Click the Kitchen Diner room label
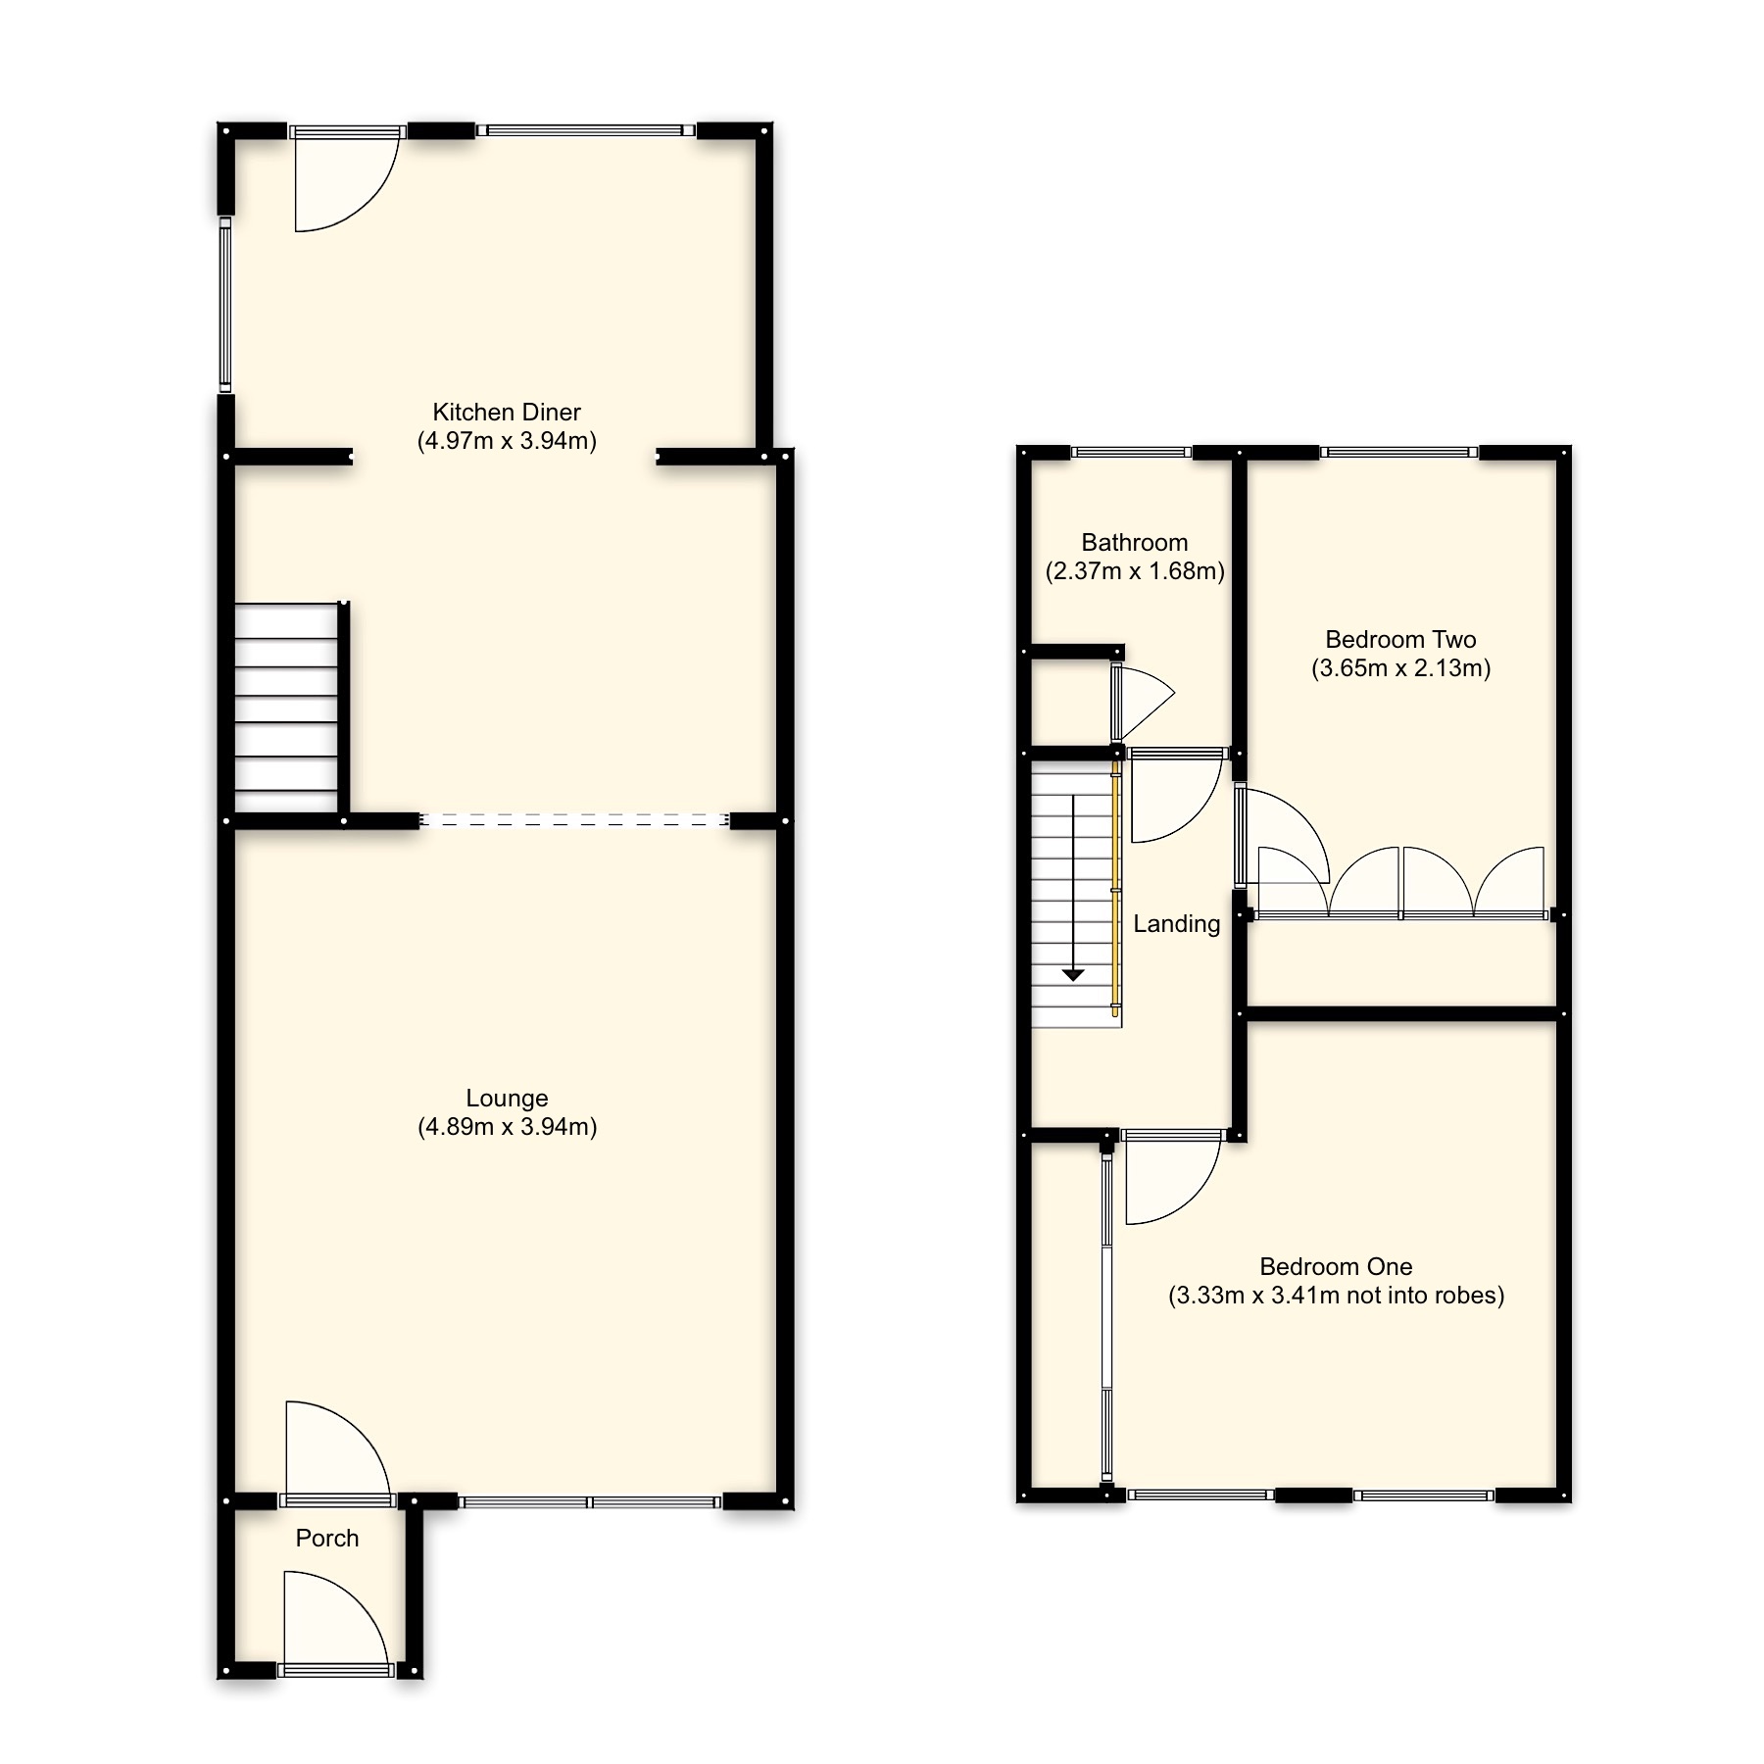pyautogui.click(x=507, y=413)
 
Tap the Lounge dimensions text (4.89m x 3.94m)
pyautogui.click(x=507, y=1127)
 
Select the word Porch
pyautogui.click(x=327, y=1539)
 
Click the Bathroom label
pyautogui.click(x=1134, y=543)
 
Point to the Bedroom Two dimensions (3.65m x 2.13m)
pyautogui.click(x=1400, y=669)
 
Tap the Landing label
pyautogui.click(x=1176, y=924)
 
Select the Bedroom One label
pyautogui.click(x=1336, y=1267)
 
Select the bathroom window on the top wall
pyautogui.click(x=1131, y=452)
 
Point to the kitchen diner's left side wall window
pyautogui.click(x=224, y=304)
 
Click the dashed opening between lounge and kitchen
pyautogui.click(x=574, y=820)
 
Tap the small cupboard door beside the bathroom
pyautogui.click(x=1137, y=701)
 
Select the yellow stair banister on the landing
pyautogui.click(x=1116, y=887)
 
